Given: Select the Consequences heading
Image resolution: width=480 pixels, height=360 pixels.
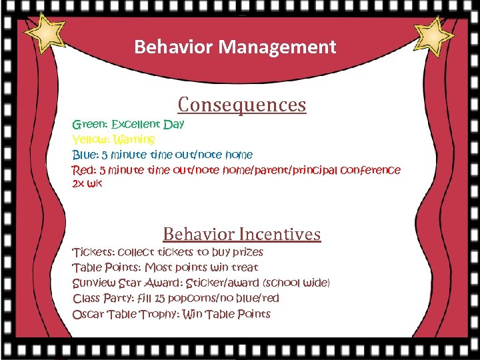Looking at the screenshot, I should (x=242, y=105).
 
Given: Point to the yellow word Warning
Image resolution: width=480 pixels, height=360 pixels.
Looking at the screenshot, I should (x=134, y=139).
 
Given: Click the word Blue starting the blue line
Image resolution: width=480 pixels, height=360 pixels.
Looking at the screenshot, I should (x=85, y=155).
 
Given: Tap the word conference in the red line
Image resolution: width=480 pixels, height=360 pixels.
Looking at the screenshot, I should (x=371, y=170).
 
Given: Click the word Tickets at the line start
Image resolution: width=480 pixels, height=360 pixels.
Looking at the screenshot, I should (x=93, y=252).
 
